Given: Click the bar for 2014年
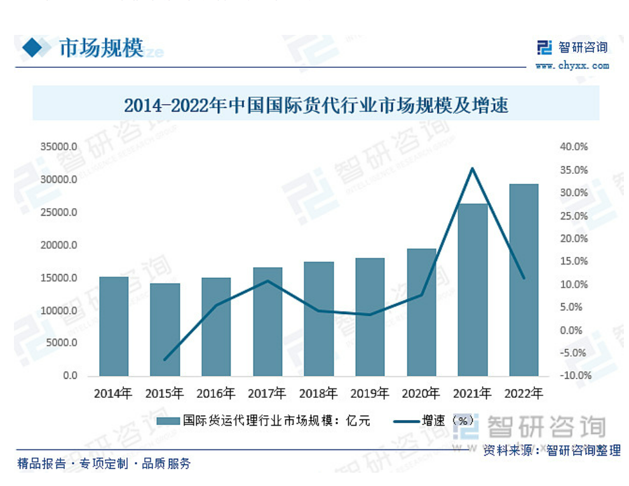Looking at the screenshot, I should pos(114,326).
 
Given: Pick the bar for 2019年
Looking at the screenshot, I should pos(370,317).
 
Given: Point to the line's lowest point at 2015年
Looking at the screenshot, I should pos(165,360).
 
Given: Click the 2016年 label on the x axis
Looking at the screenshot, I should pos(216,394).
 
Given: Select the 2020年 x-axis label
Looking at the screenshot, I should pos(421,394).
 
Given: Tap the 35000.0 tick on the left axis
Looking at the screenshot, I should pos(59,147).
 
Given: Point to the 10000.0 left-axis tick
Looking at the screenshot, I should pos(59,311).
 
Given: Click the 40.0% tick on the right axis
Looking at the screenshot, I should pos(574,147).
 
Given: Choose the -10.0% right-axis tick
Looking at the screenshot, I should pos(574,376).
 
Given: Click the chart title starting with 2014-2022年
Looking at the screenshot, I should pos(316,105).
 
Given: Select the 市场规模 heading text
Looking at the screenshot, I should pos(101,48).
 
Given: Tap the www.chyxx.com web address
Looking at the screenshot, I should pos(572,65).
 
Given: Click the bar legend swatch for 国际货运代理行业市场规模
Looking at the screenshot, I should pos(168,420).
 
